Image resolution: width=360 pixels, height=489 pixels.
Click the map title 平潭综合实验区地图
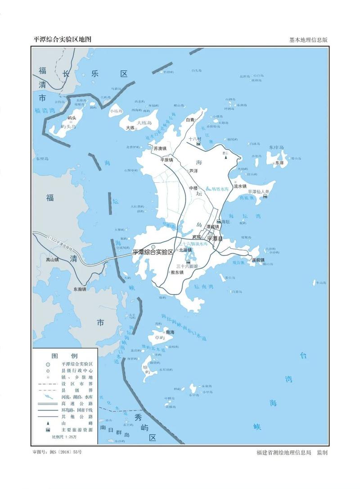[x=63, y=39]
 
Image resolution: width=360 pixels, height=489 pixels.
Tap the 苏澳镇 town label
[x=160, y=148]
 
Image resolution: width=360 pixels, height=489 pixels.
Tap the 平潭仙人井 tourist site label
[x=255, y=192]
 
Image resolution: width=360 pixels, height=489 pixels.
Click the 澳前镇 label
[x=258, y=260]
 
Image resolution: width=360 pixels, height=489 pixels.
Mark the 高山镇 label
[x=52, y=259]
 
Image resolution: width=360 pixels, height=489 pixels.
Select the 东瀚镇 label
[x=76, y=289]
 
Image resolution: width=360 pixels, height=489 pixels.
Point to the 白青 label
[x=191, y=120]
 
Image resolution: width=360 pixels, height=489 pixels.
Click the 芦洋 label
[x=193, y=171]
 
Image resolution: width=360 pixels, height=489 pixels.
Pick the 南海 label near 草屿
[x=170, y=332]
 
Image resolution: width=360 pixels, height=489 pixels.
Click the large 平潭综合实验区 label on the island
[x=153, y=252]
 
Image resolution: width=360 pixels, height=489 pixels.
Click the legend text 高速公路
[x=77, y=403]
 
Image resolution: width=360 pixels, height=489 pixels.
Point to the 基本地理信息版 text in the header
[x=308, y=40]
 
